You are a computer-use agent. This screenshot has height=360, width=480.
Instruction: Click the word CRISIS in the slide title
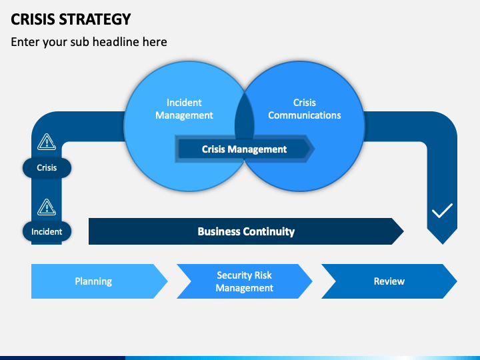(33, 19)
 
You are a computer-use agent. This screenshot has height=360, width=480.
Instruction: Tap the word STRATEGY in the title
(95, 19)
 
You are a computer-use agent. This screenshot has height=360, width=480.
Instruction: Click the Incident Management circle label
(184, 109)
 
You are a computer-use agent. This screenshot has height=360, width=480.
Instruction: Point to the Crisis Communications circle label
(304, 109)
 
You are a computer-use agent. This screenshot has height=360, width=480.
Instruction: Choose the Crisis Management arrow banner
(245, 149)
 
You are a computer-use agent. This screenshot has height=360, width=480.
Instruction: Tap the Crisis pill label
(47, 168)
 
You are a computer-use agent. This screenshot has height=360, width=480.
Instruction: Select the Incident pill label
(47, 231)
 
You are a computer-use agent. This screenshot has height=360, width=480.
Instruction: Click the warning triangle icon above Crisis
(47, 142)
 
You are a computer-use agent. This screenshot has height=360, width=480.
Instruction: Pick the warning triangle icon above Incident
(47, 207)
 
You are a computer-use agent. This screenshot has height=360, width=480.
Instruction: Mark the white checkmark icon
(442, 211)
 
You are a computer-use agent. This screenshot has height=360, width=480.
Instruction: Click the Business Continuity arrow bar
(246, 231)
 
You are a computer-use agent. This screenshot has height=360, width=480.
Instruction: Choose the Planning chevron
(99, 281)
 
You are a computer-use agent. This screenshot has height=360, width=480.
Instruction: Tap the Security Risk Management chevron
(245, 281)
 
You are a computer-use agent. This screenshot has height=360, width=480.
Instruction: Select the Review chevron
(389, 281)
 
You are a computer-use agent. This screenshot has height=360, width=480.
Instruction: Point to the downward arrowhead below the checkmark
(443, 236)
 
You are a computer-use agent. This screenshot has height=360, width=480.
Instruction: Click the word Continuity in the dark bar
(269, 231)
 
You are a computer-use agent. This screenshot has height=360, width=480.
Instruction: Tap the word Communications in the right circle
(304, 115)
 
